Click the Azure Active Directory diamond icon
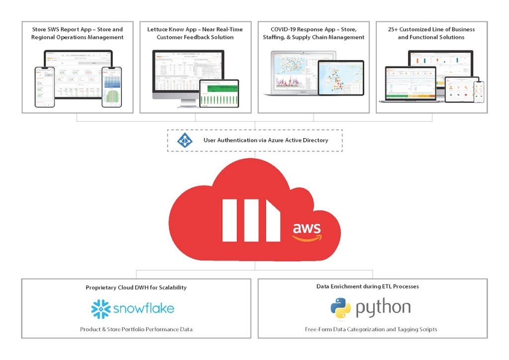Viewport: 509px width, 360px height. [185, 140]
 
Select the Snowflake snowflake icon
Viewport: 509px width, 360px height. [101, 309]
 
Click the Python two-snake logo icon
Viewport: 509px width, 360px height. [340, 308]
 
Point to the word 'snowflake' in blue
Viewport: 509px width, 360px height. [144, 309]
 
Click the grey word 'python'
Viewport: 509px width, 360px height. [383, 308]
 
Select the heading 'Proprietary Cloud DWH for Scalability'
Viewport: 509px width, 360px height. [136, 287]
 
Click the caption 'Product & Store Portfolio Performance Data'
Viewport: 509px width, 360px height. [136, 329]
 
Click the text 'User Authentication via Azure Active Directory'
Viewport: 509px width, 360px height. [265, 140]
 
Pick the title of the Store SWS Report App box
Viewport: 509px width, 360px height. [77, 33]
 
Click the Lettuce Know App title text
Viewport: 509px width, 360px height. [195, 33]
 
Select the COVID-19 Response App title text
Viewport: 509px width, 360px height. [313, 33]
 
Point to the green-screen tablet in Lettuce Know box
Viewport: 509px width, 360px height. [219, 93]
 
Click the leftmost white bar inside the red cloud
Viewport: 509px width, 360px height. [230, 220]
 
